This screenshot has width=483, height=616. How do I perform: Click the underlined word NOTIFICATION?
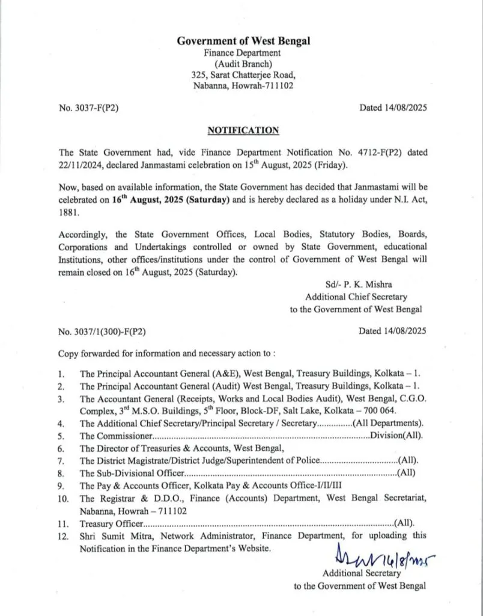tap(243, 129)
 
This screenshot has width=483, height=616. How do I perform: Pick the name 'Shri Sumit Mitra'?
tap(110, 535)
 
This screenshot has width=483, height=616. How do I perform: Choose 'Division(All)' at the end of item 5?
tap(396, 436)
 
